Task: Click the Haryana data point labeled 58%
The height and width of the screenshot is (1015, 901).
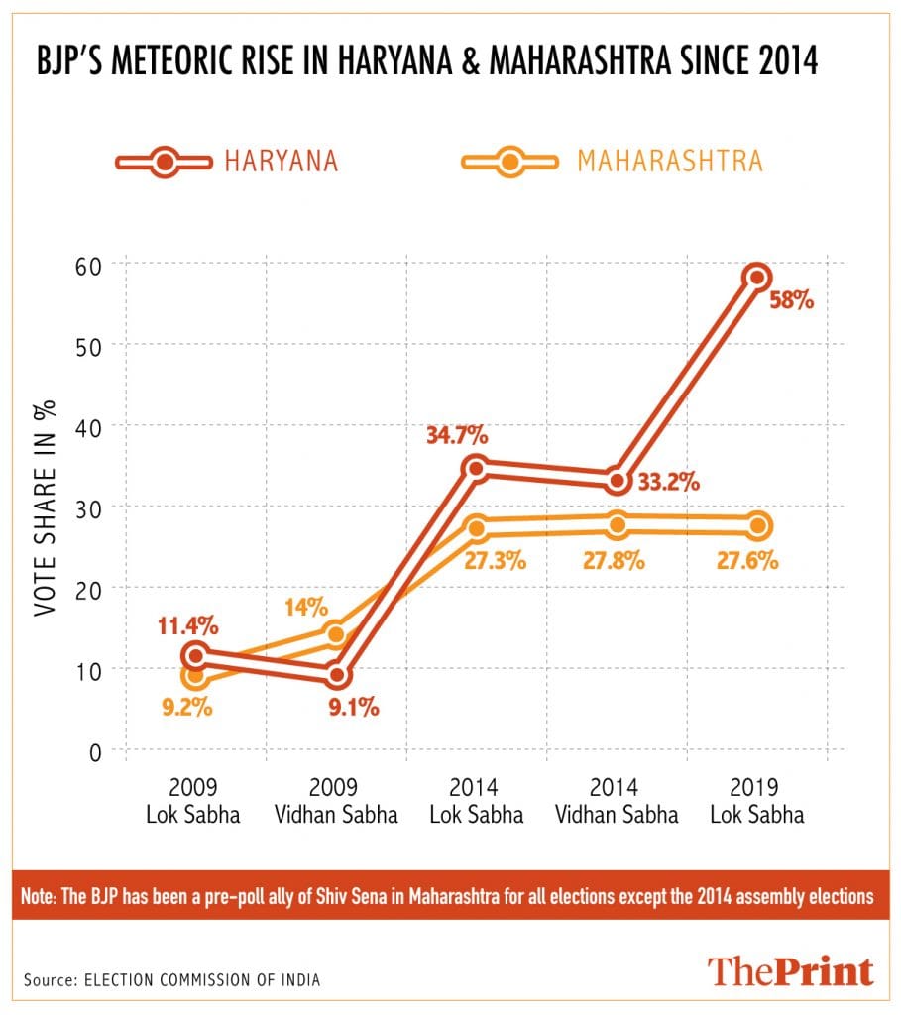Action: click(757, 277)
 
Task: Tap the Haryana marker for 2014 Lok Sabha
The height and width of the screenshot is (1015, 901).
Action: click(477, 467)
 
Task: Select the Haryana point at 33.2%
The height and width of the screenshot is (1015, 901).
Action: click(618, 480)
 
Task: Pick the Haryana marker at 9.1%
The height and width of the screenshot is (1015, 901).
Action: click(337, 675)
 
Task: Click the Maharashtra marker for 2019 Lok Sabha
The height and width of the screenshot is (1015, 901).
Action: click(758, 525)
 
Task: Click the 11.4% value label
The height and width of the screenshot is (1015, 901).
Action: click(186, 625)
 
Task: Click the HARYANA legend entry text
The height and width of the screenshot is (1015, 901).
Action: click(282, 161)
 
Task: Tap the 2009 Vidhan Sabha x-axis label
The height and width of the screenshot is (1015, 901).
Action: click(337, 802)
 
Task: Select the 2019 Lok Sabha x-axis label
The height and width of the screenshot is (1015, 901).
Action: click(757, 802)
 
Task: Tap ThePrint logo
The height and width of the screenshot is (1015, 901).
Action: click(789, 970)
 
